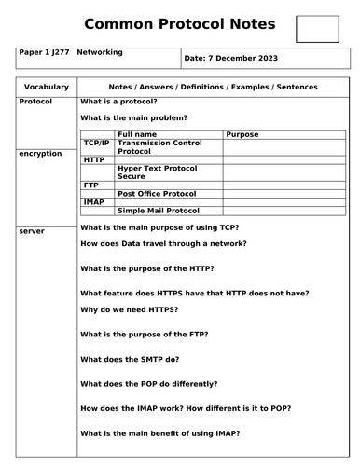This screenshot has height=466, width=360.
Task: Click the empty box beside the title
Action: click(316, 29)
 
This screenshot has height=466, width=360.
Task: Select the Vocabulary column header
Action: click(46, 86)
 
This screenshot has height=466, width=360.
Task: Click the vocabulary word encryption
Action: click(40, 153)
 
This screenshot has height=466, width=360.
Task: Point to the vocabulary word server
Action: click(31, 229)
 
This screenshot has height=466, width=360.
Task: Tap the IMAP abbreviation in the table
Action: click(93, 201)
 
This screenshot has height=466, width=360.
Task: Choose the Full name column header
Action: click(138, 134)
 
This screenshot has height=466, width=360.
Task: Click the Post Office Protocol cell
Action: click(157, 193)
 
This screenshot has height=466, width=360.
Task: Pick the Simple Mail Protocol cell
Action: click(158, 211)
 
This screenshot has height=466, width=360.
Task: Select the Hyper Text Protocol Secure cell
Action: click(155, 172)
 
